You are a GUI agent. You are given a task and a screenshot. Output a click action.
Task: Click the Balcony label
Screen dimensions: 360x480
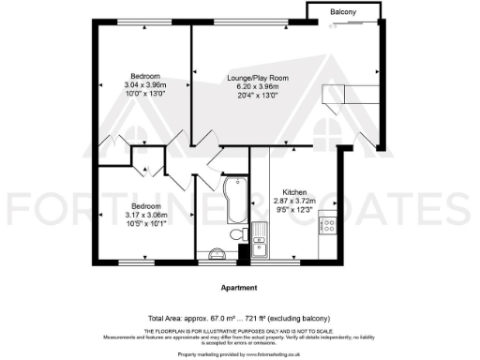[343, 11]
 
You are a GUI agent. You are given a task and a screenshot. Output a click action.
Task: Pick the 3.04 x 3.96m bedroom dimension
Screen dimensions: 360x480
[144, 84]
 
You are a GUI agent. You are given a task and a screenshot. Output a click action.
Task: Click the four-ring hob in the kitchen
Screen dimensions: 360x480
[328, 225]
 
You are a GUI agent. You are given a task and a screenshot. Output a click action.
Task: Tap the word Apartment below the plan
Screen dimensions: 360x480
[239, 288]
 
